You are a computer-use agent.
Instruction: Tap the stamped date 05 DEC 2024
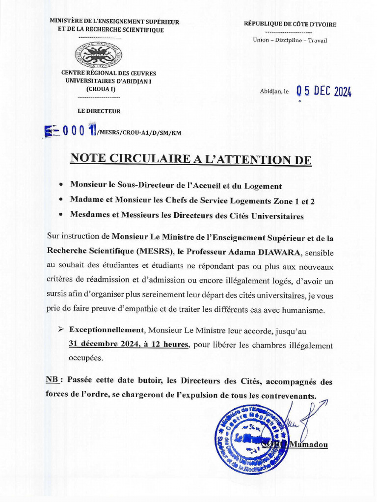click(324, 91)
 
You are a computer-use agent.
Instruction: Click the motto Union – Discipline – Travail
click(290, 40)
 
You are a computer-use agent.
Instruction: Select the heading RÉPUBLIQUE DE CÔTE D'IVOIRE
click(290, 24)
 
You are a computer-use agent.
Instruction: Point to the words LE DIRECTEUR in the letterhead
click(99, 111)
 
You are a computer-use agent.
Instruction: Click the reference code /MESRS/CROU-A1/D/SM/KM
click(135, 132)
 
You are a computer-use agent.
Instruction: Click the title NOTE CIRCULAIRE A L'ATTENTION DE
click(191, 159)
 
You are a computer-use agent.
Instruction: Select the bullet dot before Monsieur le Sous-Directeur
click(60, 186)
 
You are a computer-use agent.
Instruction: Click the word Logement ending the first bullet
click(264, 186)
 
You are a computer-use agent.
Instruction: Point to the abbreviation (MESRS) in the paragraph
click(149, 253)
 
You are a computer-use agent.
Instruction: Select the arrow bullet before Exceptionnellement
click(61, 330)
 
